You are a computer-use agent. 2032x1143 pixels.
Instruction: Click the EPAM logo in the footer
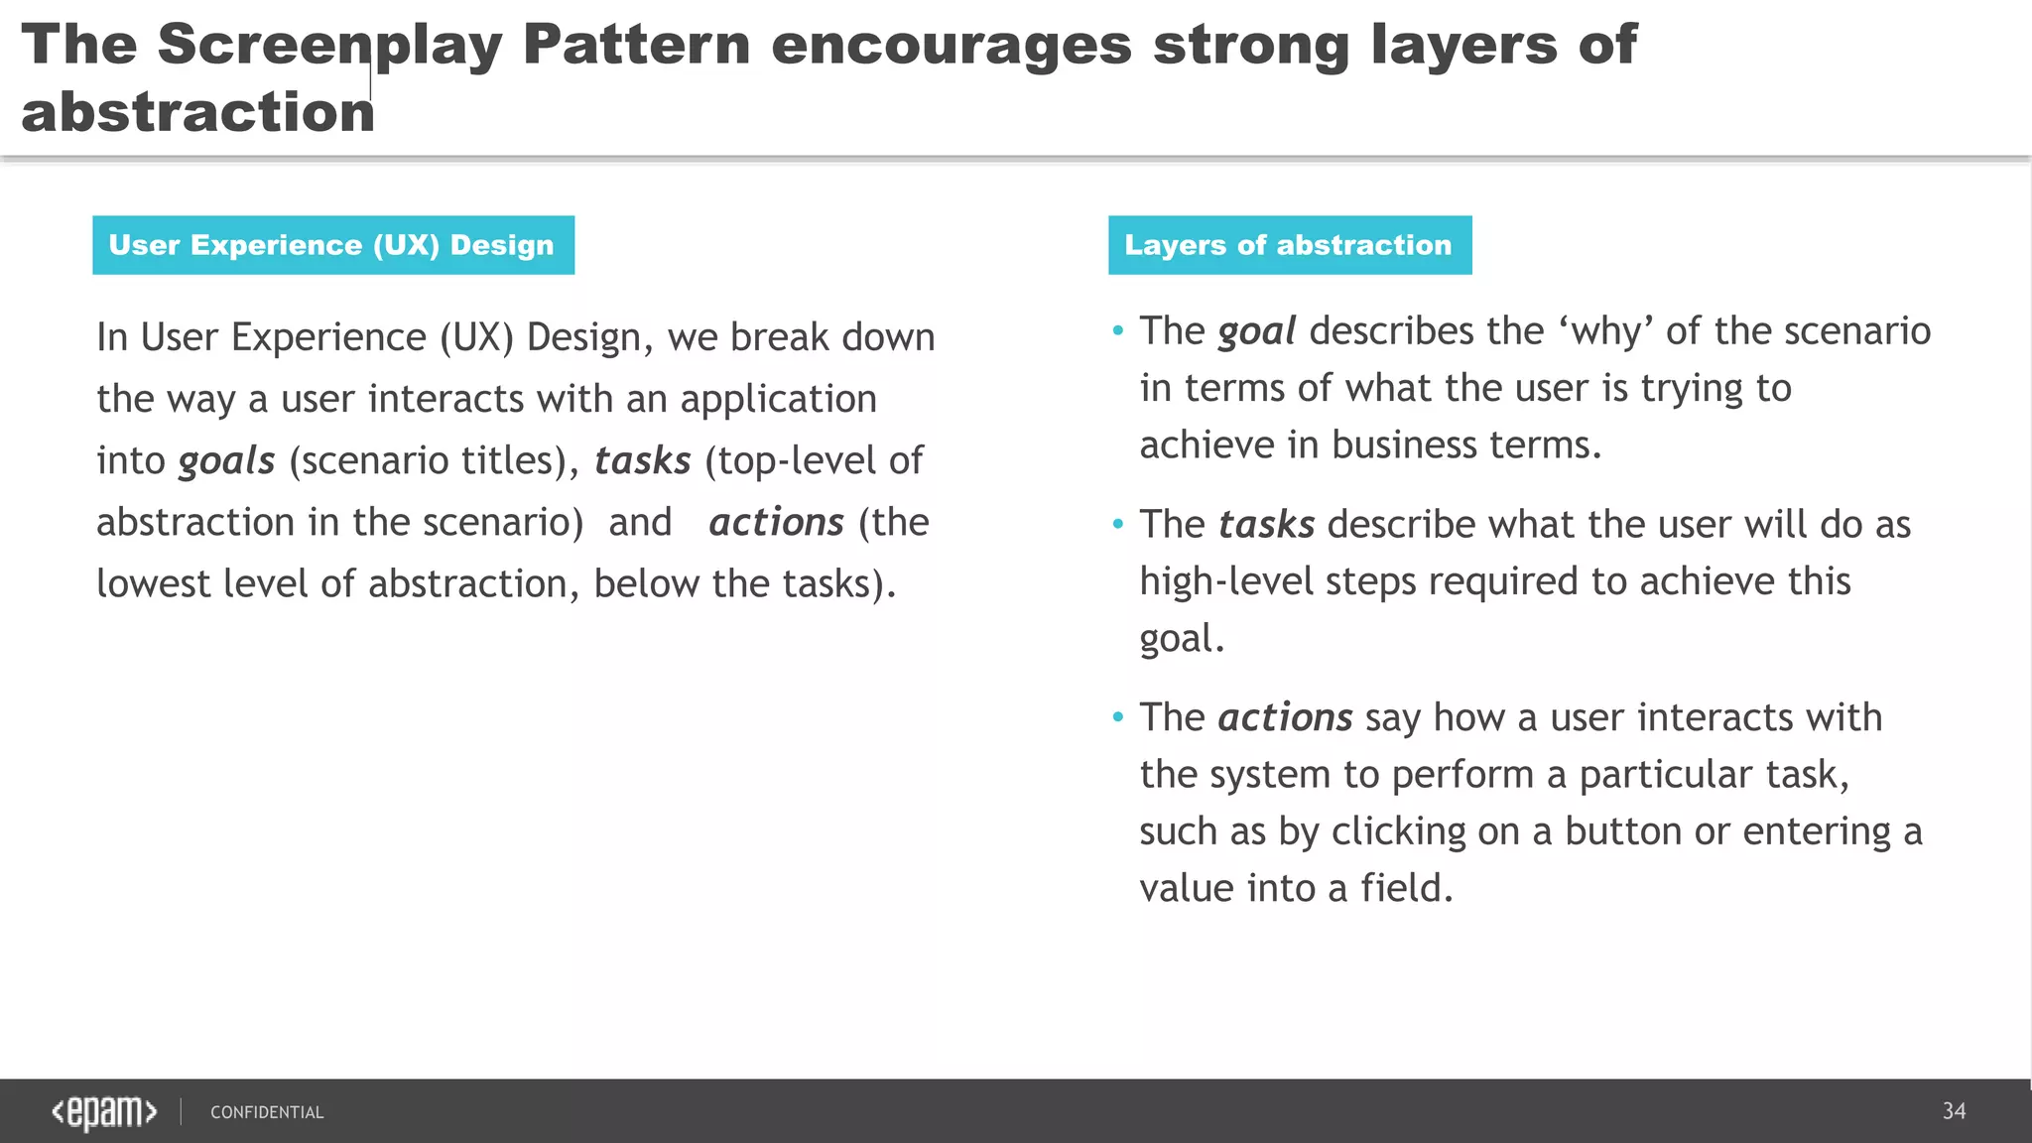104,1112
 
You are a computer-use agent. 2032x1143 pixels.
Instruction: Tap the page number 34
1954,1111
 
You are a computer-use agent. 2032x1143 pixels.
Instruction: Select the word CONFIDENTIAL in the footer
267,1112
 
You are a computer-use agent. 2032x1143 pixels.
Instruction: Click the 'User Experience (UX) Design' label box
333,245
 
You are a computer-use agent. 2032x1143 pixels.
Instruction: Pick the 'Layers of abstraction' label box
1289,245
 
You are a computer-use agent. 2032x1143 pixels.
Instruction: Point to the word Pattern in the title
636,46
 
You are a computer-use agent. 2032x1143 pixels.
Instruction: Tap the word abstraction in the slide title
197,112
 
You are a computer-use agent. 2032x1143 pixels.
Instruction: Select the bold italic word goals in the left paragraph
226,461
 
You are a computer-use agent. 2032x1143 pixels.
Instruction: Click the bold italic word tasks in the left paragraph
642,461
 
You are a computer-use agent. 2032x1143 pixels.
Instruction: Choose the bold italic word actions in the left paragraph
776,523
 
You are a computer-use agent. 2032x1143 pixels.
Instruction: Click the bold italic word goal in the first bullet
1256,331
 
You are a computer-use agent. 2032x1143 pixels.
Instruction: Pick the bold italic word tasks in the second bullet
1266,525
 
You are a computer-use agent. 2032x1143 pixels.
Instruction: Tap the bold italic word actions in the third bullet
1285,717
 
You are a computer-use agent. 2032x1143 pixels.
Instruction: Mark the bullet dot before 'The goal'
1118,331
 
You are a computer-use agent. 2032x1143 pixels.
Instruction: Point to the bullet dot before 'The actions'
1118,717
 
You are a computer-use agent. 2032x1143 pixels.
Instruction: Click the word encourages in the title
951,46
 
